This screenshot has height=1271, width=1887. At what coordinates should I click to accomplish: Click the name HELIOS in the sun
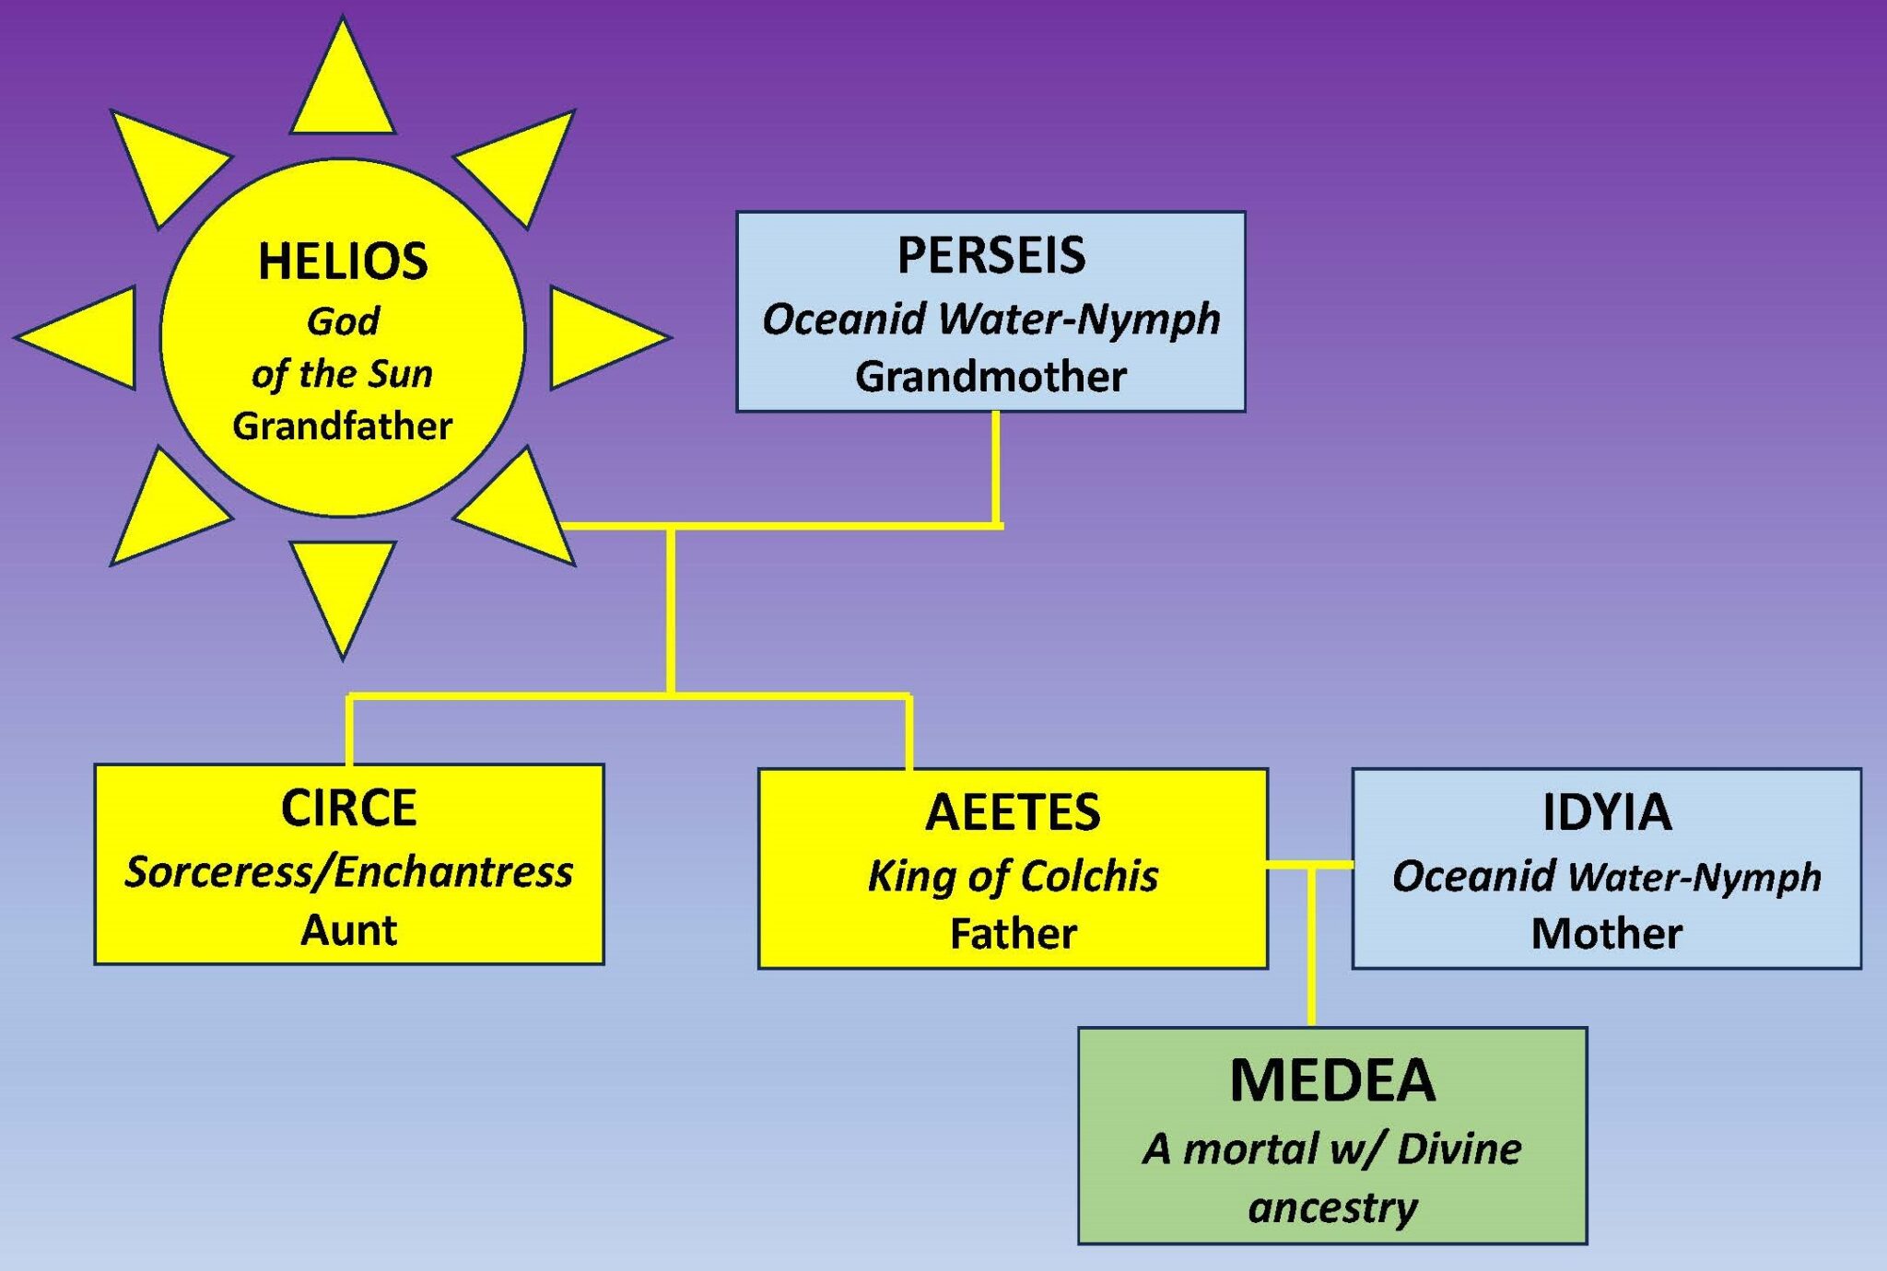click(343, 262)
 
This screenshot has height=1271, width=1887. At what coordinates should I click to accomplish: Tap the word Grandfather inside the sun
click(342, 426)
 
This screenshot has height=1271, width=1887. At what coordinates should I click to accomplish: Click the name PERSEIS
click(991, 256)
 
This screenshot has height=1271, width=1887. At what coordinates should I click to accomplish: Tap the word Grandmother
click(990, 377)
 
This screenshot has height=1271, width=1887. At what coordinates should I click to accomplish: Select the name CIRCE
click(348, 809)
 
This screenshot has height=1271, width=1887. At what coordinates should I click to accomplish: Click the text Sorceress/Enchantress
click(348, 872)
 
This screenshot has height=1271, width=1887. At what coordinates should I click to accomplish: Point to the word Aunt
click(348, 930)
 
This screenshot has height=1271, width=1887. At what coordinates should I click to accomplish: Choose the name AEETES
click(1013, 812)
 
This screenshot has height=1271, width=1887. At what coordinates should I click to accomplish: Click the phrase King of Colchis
click(1013, 876)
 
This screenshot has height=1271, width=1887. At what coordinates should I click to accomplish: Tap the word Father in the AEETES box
click(1013, 934)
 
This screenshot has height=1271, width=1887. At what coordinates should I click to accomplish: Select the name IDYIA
click(1606, 812)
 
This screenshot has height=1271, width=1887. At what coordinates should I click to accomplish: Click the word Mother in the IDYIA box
click(1606, 934)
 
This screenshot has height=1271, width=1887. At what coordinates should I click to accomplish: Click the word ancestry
click(1332, 1207)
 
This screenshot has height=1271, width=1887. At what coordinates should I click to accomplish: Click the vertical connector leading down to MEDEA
click(1311, 949)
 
